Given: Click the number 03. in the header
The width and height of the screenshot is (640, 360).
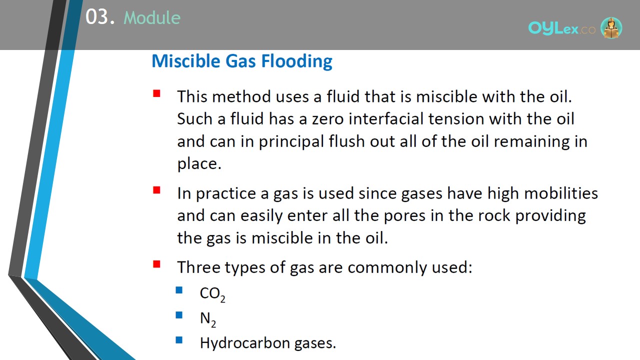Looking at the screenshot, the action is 100,17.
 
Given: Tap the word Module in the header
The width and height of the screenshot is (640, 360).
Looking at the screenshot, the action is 152,17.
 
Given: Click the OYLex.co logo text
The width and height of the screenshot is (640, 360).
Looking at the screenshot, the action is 561,28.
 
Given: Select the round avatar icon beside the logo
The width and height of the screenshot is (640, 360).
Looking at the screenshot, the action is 611,27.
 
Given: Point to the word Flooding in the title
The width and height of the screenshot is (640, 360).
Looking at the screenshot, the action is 296,61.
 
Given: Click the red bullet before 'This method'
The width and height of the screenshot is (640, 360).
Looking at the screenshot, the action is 156,93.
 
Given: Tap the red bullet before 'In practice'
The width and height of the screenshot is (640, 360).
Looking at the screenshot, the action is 156,190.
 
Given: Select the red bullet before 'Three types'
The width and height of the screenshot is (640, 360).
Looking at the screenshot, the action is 156,264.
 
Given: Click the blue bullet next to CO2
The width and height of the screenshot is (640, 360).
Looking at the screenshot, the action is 179,290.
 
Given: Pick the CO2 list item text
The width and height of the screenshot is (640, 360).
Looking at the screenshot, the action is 212,294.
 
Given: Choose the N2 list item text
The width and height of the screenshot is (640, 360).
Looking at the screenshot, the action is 208,319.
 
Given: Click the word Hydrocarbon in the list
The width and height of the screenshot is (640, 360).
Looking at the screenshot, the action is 244,343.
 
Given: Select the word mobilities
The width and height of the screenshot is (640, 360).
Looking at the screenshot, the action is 561,193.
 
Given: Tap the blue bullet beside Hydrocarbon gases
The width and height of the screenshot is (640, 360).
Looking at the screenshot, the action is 179,340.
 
